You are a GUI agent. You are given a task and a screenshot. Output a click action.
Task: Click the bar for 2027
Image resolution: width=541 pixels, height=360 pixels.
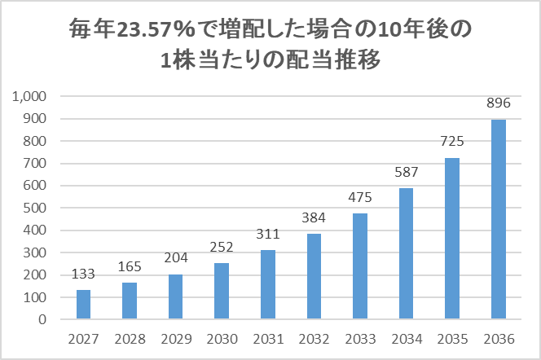[83, 305]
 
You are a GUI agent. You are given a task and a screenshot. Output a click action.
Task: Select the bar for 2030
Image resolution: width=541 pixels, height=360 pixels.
[221, 291]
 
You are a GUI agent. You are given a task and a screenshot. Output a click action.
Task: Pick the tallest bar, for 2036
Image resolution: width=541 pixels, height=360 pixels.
[498, 219]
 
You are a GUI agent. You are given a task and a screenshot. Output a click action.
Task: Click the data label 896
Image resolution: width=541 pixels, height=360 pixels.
[498, 103]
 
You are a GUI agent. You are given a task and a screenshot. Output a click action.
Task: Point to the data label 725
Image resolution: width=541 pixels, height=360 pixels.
[451, 142]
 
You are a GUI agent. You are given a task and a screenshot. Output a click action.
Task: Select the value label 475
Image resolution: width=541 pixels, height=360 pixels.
[359, 198]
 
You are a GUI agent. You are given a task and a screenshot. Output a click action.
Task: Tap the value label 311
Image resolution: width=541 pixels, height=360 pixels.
[267, 235]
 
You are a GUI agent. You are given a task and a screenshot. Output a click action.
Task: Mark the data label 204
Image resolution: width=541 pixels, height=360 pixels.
[175, 258]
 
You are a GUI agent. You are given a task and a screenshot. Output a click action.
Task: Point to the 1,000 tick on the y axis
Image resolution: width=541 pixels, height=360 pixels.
[33, 97]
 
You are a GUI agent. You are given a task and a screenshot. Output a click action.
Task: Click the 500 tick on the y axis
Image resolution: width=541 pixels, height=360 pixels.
[38, 208]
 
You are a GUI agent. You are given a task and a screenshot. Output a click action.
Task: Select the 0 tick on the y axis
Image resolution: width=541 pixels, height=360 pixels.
[47, 319]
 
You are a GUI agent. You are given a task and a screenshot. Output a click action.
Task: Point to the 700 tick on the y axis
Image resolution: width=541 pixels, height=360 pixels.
[38, 164]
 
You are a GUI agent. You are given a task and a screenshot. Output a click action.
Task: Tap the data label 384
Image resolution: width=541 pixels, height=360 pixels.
[314, 218]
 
